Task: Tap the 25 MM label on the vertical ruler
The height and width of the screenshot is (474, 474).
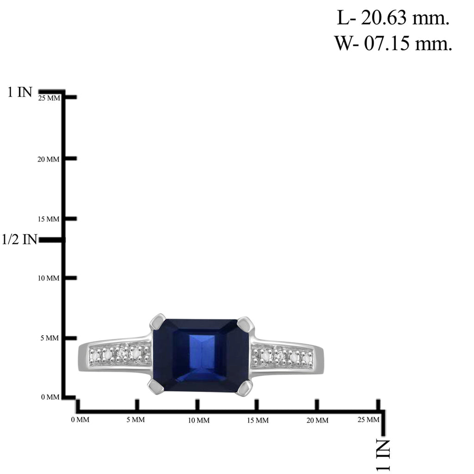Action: [49, 98]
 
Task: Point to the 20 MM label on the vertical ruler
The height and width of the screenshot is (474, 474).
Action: [48, 159]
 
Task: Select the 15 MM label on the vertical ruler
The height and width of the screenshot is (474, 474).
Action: [48, 219]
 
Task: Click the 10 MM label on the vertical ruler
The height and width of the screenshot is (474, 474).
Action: [48, 278]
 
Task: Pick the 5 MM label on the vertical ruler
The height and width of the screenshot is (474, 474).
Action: [50, 338]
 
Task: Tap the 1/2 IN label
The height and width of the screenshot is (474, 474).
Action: [19, 239]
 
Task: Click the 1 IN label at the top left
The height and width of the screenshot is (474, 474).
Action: [19, 92]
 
